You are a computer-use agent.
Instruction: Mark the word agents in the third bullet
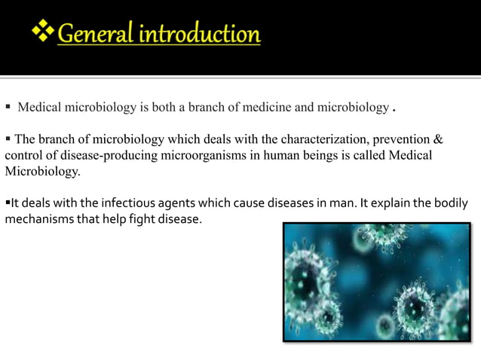click(x=164, y=203)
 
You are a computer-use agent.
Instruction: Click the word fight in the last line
click(x=140, y=219)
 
